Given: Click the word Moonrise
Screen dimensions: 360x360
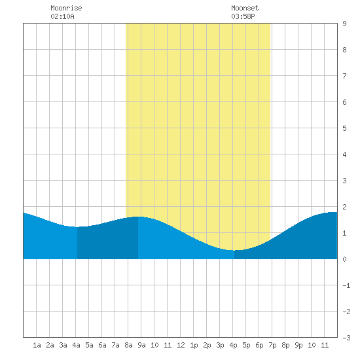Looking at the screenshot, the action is [66, 8].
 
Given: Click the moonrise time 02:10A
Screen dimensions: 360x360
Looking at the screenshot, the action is [62, 16].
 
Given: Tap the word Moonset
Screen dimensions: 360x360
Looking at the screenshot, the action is [245, 8].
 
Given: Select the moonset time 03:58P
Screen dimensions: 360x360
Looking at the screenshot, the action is [243, 16].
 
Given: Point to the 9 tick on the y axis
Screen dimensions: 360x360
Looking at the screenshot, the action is [344, 24].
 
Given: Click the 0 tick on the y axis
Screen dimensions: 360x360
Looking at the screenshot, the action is [344, 259].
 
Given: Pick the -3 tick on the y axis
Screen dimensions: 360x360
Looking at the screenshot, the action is [346, 338].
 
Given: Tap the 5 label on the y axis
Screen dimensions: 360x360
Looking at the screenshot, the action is [344, 128].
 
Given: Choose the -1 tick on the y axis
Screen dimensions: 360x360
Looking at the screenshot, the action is [346, 285].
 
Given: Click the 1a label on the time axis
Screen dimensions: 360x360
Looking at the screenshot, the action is [37, 345].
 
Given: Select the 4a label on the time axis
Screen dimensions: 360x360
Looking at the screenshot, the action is [76, 345].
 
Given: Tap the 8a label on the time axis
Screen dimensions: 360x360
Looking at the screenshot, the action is [128, 345].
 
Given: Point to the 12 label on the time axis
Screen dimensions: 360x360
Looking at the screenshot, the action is [181, 345].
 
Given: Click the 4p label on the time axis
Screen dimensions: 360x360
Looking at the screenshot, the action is [233, 345].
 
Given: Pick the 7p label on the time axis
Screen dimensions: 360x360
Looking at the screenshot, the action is [272, 345].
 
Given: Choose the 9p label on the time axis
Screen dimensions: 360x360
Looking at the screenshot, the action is [298, 345].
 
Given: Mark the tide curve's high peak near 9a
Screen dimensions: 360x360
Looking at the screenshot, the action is [138, 217].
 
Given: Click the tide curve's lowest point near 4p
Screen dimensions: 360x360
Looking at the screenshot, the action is [234, 250].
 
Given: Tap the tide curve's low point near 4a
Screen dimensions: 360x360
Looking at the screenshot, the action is [77, 227].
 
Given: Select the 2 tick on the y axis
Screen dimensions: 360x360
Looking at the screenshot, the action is [344, 207].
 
